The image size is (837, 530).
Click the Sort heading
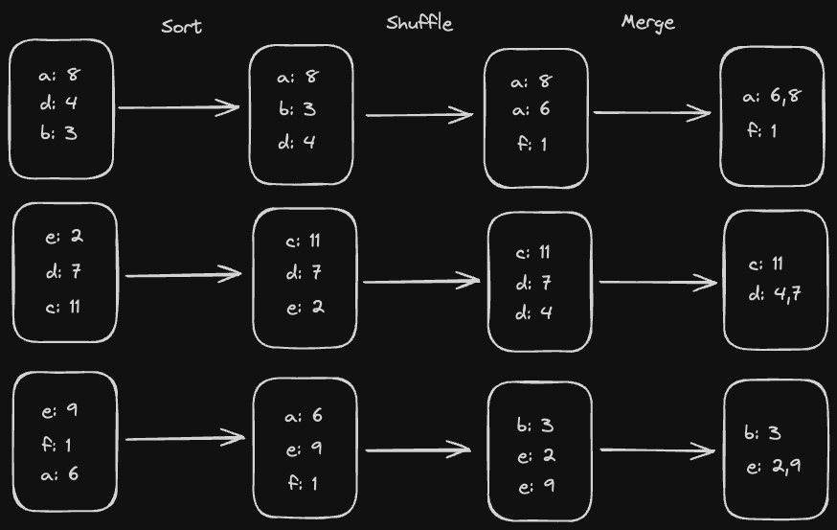[x=182, y=26]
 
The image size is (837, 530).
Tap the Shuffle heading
[x=419, y=23]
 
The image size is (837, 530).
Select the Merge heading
[x=647, y=23]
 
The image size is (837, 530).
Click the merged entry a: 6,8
[x=772, y=96]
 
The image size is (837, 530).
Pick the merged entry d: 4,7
[x=775, y=294]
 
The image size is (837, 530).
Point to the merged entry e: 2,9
[x=774, y=466]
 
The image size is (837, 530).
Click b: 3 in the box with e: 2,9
[x=763, y=433]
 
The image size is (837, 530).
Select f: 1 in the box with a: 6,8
[x=762, y=129]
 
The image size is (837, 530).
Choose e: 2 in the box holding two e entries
[x=534, y=456]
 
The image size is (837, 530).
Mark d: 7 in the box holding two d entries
[x=534, y=284]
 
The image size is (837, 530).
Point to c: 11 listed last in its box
[x=63, y=308]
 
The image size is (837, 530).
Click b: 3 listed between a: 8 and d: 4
[x=297, y=109]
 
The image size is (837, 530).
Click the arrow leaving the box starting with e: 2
[x=184, y=276]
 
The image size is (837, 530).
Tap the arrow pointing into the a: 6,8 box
[x=653, y=113]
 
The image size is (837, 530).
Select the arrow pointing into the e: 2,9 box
[x=658, y=450]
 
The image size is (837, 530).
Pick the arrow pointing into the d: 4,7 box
[x=658, y=282]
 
